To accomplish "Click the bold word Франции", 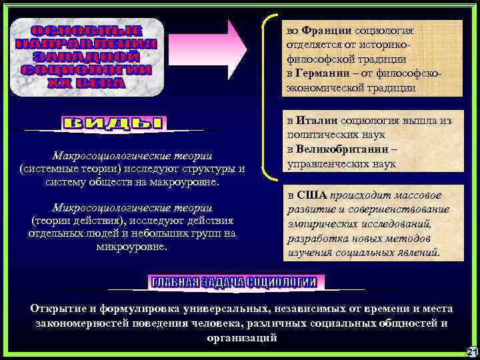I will pos(323,31).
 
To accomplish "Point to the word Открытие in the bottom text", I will pos(55,309).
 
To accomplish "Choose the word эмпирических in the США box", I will pos(322,225).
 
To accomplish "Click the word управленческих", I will pos(325,163).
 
